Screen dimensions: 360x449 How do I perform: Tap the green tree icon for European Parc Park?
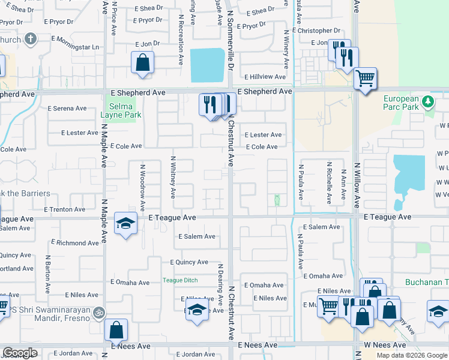pyautogui.click(x=428, y=101)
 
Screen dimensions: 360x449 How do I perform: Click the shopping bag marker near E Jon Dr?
pyautogui.click(x=143, y=62)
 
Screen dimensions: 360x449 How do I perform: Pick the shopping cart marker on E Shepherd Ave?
pyautogui.click(x=365, y=78)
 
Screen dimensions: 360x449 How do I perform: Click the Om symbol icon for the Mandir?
pyautogui.click(x=99, y=312)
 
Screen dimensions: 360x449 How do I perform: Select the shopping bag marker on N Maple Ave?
pyautogui.click(x=116, y=329)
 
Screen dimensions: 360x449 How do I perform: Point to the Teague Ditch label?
pyautogui.click(x=180, y=280)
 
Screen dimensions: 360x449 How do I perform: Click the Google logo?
pyautogui.click(x=20, y=353)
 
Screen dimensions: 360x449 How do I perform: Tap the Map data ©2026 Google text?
pyautogui.click(x=411, y=355)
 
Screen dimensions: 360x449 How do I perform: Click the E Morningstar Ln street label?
pyautogui.click(x=75, y=47)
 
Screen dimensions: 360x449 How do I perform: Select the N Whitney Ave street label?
pyautogui.click(x=173, y=177)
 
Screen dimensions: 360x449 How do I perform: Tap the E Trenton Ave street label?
pyautogui.click(x=67, y=209)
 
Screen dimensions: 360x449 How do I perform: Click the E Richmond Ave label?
pyautogui.click(x=75, y=243)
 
